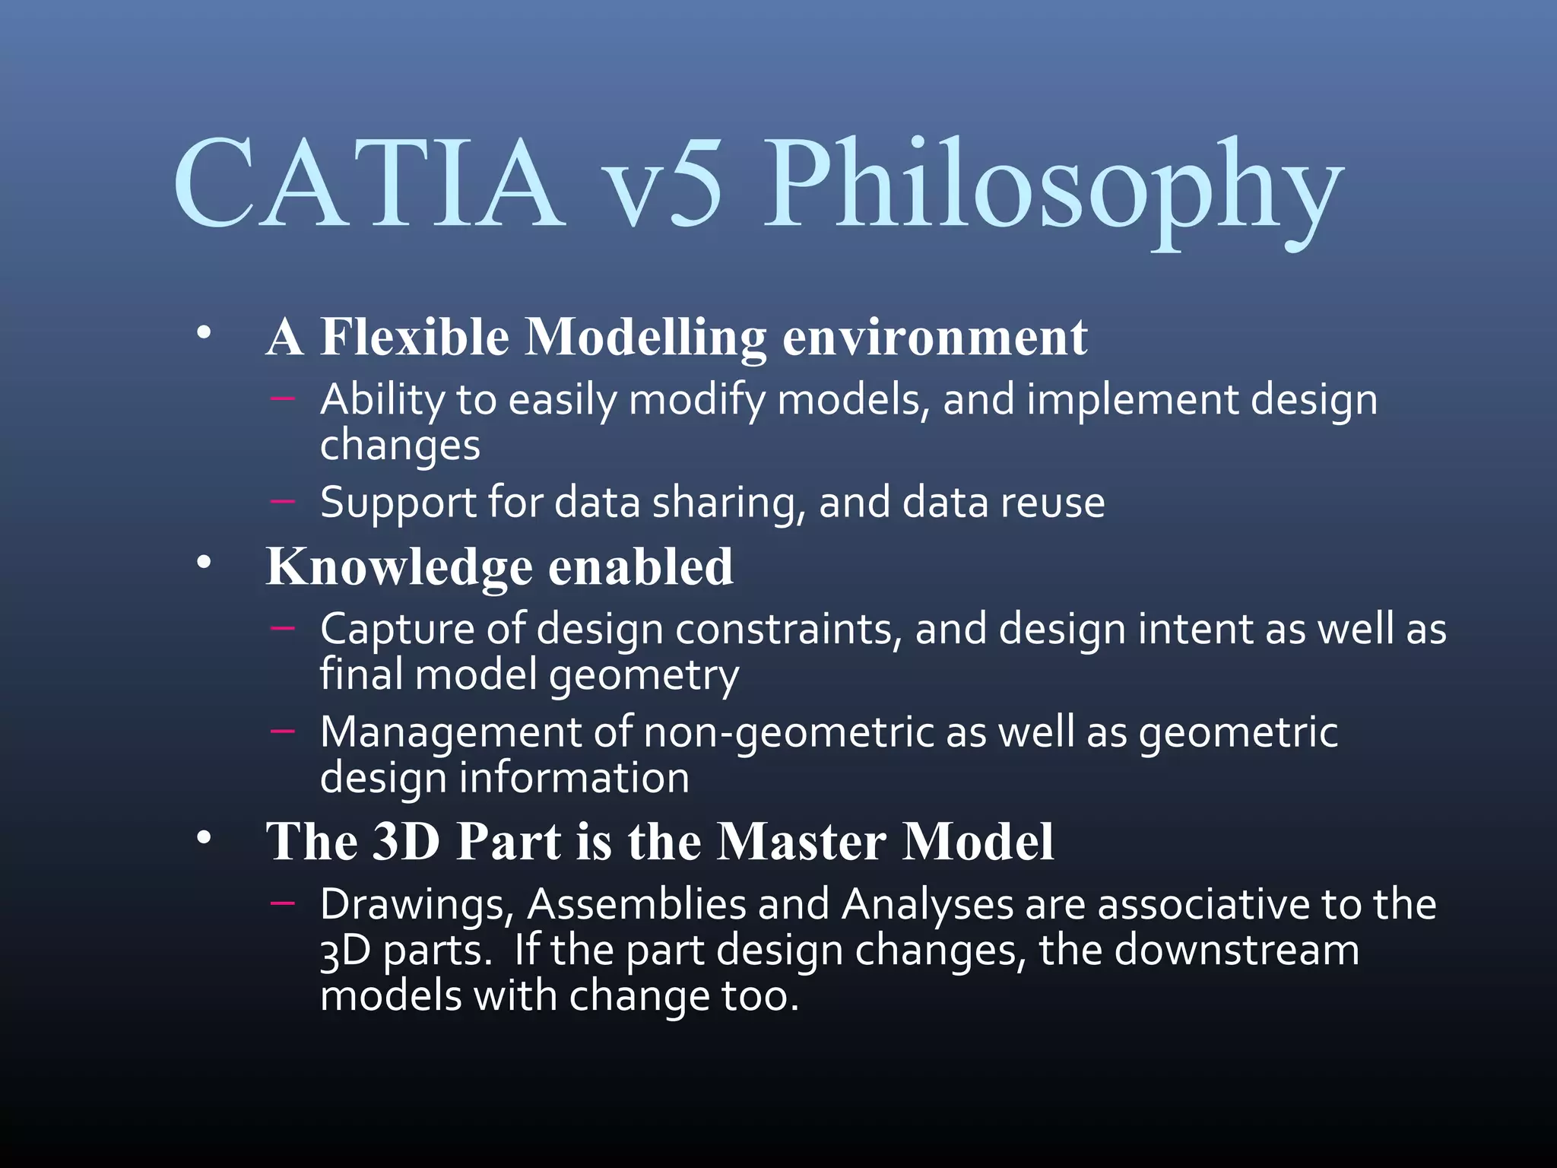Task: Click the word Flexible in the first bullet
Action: pyautogui.click(x=414, y=336)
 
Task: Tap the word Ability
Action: pyautogui.click(x=382, y=400)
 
